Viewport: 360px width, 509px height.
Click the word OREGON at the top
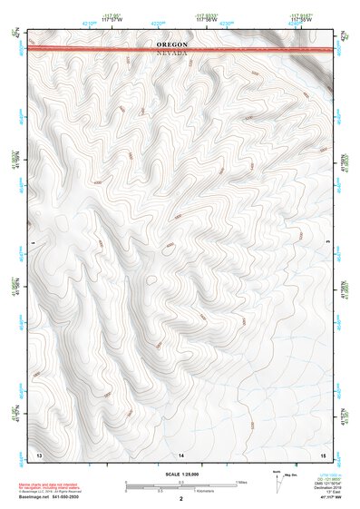[x=172, y=44]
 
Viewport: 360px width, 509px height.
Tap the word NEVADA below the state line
[x=172, y=54]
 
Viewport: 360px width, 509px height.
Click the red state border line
[x=91, y=49]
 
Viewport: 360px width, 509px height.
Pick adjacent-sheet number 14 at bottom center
[x=181, y=453]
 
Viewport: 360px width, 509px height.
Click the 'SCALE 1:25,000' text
[x=181, y=474]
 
